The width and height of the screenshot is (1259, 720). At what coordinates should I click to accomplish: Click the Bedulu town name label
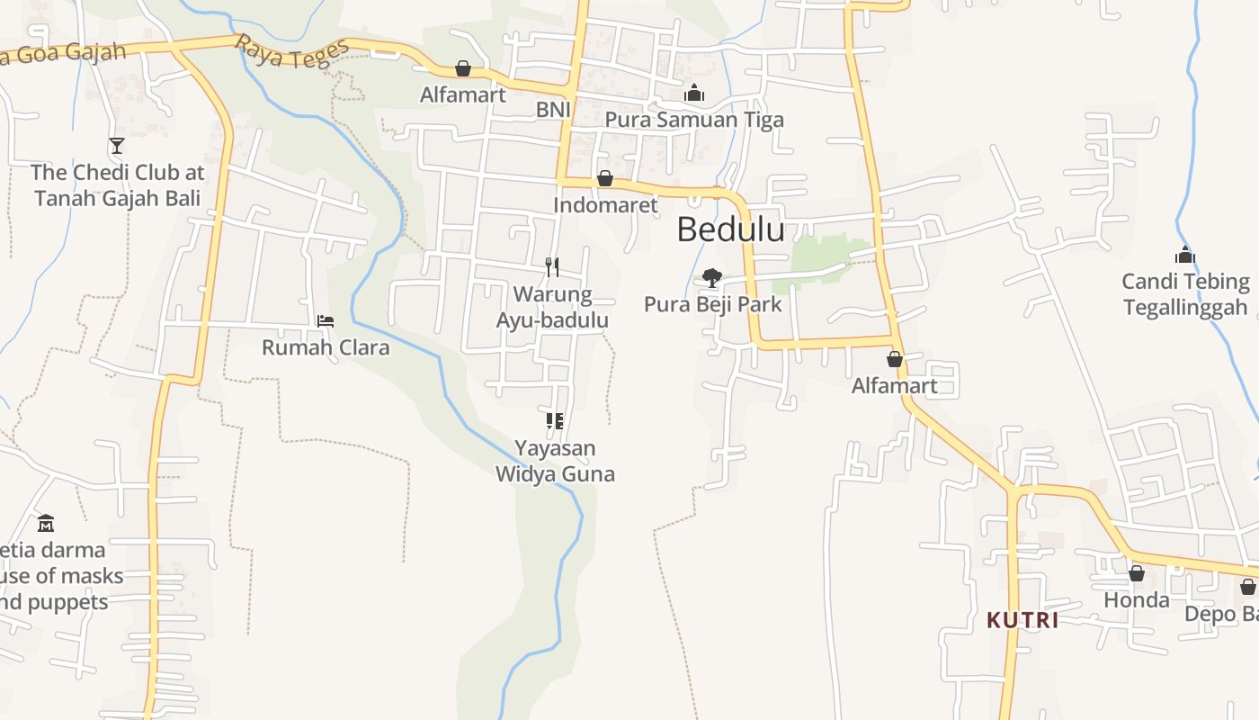click(x=730, y=229)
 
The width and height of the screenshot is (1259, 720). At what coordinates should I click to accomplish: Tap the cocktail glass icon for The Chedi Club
click(x=117, y=145)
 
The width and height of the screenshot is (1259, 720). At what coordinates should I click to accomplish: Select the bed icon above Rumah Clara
click(x=326, y=320)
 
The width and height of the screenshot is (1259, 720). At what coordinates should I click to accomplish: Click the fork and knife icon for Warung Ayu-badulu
click(x=552, y=266)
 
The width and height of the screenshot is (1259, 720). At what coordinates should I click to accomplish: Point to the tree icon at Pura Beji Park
click(x=712, y=277)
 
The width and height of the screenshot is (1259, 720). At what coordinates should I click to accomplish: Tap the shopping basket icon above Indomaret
click(x=605, y=178)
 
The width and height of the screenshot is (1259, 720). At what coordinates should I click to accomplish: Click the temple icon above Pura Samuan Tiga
click(x=694, y=93)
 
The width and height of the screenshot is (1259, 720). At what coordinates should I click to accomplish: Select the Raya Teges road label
click(x=291, y=52)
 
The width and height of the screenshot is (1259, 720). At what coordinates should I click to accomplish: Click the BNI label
click(x=553, y=109)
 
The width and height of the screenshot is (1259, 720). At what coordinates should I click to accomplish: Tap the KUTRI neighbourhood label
click(x=1022, y=620)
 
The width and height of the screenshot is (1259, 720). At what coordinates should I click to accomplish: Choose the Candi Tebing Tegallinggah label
click(x=1185, y=294)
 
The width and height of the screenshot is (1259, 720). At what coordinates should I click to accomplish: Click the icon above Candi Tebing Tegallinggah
click(x=1185, y=255)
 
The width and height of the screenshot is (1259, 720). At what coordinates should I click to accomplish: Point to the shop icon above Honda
click(x=1137, y=573)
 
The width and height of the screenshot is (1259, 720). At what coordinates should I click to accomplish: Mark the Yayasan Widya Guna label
click(x=555, y=460)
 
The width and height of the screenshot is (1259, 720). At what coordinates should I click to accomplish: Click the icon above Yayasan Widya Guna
click(x=554, y=420)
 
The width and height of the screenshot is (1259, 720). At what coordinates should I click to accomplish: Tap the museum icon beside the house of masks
click(x=46, y=522)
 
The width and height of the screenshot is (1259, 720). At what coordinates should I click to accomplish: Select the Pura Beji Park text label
click(x=713, y=304)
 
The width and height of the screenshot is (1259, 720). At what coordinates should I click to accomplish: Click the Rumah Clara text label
click(x=326, y=347)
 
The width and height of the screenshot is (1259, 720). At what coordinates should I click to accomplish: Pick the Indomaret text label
click(x=605, y=204)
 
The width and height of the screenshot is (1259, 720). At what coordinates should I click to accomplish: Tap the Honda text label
click(x=1137, y=599)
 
